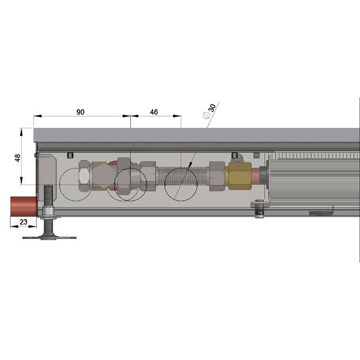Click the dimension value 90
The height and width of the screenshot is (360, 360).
point(81,112)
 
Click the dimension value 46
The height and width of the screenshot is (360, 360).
point(154,112)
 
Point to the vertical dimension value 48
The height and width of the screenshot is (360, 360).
point(18,158)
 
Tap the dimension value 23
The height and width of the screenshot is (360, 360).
point(23,222)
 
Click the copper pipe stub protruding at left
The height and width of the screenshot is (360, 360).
point(23,206)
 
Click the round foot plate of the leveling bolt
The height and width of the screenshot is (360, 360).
point(49,238)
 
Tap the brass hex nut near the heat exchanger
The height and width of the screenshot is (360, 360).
point(239,175)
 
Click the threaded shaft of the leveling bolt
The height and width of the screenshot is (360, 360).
point(48,195)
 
